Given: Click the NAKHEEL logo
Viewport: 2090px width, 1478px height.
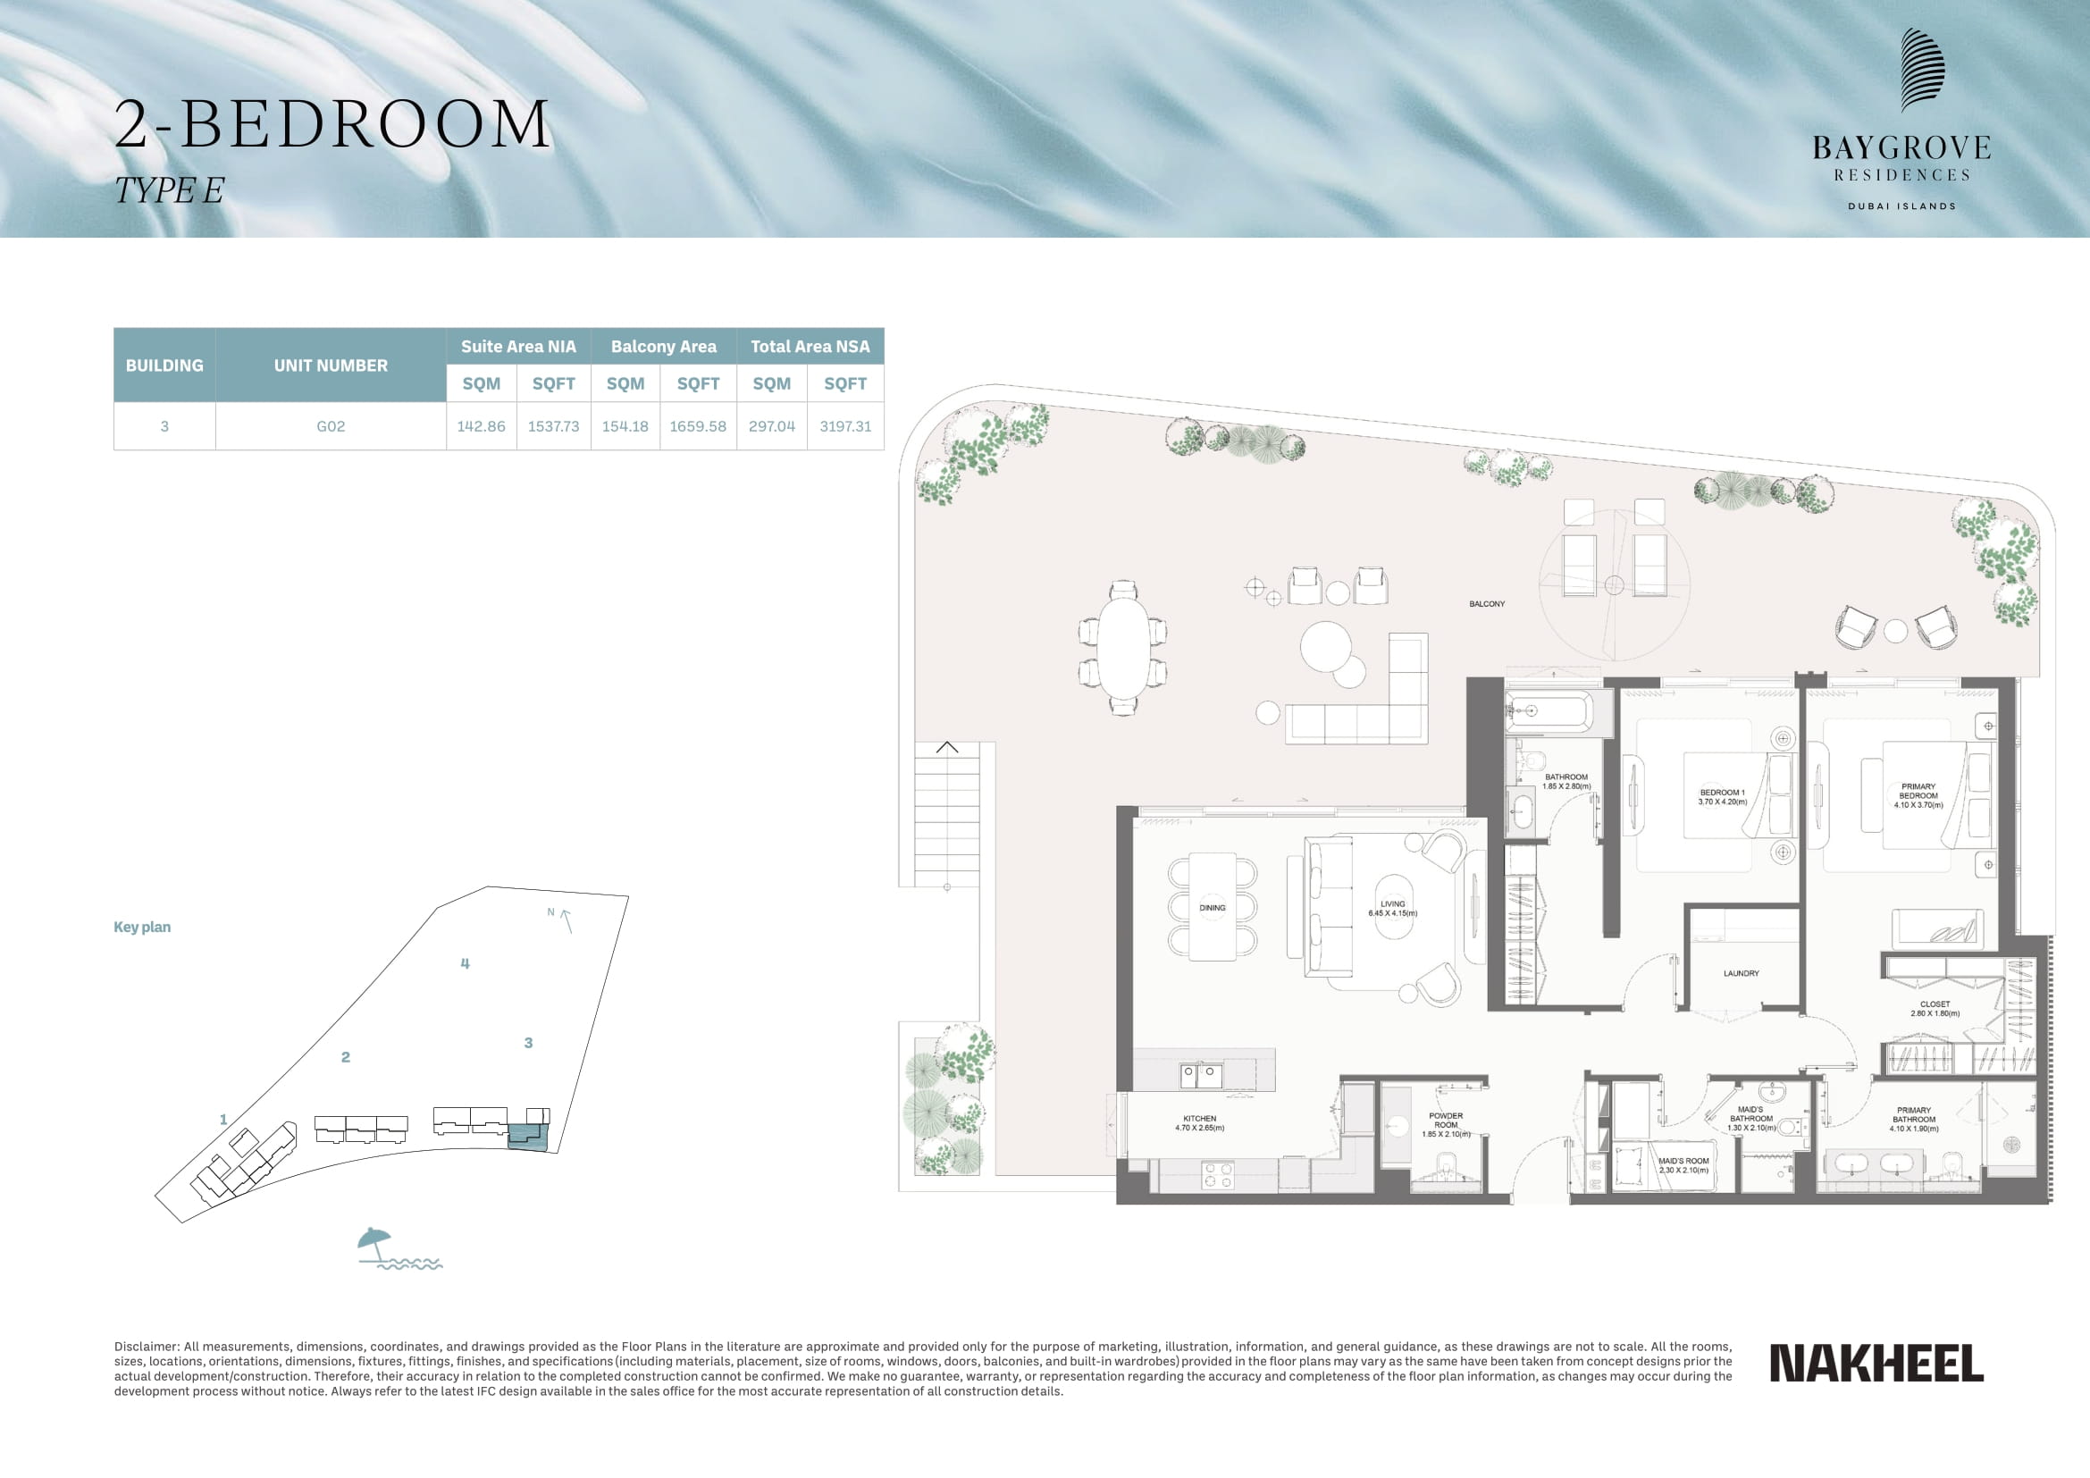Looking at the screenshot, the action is click(1876, 1363).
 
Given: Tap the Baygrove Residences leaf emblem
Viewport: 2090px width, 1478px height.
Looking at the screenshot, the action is click(1923, 70).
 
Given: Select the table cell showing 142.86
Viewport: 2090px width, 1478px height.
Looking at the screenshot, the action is click(481, 426).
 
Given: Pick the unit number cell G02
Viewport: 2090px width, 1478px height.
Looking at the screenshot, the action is click(331, 426).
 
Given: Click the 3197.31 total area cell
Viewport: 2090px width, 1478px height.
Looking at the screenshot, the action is click(845, 426).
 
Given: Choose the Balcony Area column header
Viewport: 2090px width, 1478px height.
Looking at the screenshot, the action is click(664, 347).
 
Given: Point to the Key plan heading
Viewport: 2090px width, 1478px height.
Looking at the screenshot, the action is click(142, 928).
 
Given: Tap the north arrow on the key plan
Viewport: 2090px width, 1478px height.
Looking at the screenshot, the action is click(567, 921).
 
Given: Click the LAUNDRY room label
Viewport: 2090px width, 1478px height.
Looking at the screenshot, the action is click(1741, 974).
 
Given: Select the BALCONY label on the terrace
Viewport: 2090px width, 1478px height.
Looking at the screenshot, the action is click(1487, 604).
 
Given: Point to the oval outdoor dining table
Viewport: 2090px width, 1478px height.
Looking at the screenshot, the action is click(1123, 647).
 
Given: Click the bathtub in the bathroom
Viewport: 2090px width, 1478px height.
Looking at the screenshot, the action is click(1549, 711).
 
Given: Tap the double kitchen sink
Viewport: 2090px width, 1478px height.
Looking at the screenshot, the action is click(1202, 1076).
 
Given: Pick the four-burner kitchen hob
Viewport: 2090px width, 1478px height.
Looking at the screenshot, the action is click(1218, 1175).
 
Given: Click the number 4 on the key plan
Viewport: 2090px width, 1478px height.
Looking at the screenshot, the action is click(466, 964).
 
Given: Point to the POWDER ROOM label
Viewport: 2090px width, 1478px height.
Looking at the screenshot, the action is click(1446, 1121).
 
